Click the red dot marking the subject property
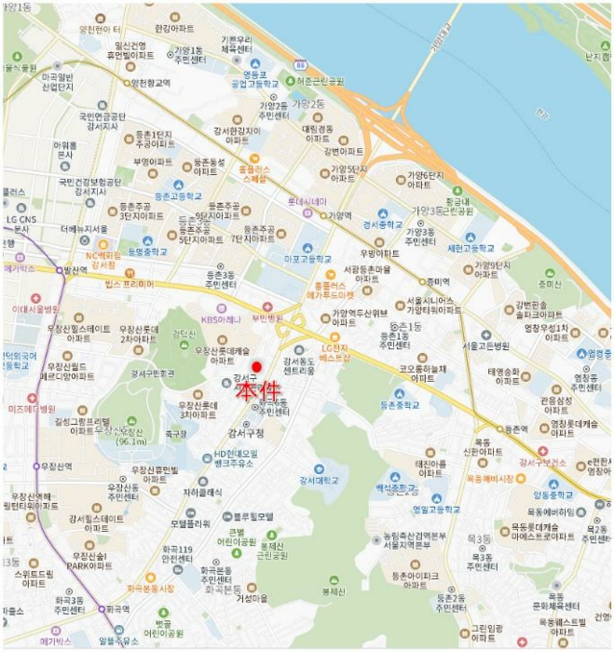[x=257, y=366]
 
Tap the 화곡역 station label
[x=116, y=610]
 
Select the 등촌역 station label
[x=516, y=430]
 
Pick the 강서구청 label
[x=247, y=432]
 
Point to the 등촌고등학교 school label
[x=178, y=197]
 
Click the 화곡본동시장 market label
[x=149, y=589]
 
